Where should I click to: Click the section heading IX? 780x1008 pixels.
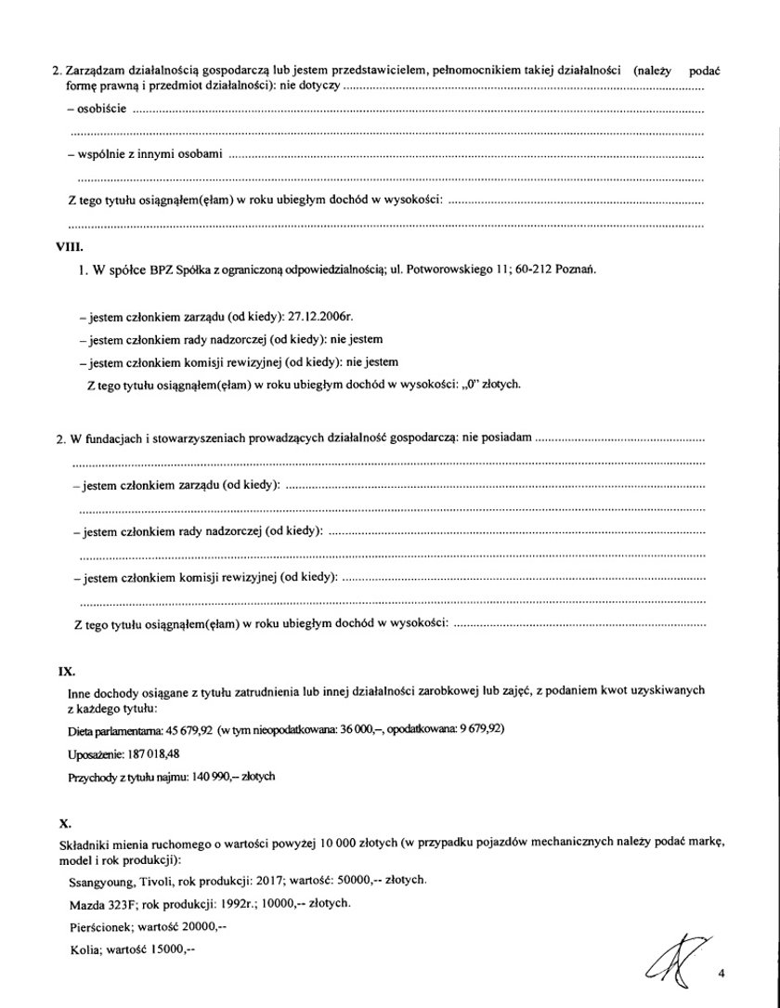[66, 669]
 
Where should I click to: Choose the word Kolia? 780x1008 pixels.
[84, 949]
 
